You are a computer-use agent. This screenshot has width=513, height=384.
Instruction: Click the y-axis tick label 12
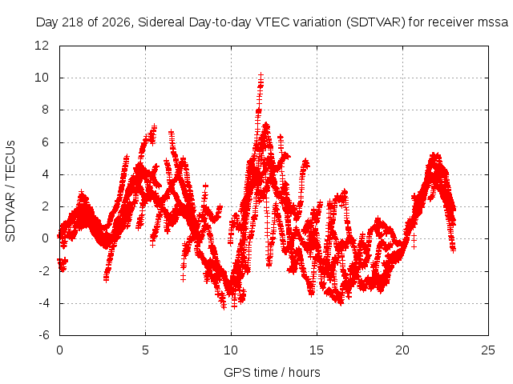click(42, 46)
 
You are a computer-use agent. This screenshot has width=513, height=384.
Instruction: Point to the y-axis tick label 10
click(42, 78)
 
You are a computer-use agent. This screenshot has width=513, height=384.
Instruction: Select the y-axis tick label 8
click(45, 110)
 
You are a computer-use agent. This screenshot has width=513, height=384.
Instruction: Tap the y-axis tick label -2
click(43, 271)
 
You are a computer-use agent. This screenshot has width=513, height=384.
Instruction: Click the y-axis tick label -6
click(43, 335)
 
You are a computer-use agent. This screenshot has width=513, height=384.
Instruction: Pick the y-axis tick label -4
click(43, 303)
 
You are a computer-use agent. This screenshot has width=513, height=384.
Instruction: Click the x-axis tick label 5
click(145, 350)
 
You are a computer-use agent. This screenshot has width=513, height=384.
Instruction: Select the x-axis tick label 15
click(317, 350)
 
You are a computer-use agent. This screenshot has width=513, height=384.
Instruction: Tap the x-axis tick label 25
click(488, 350)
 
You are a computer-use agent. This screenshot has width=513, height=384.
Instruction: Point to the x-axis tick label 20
click(402, 350)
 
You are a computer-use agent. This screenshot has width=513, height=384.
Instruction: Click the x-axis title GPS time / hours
click(272, 373)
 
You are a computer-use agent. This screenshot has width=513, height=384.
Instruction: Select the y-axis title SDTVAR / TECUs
click(10, 191)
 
